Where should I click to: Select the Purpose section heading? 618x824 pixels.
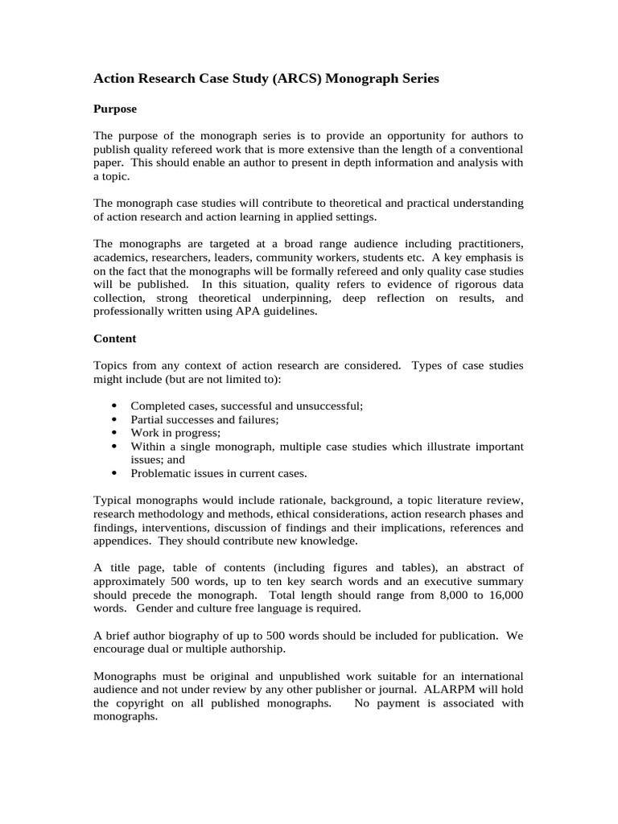(x=115, y=109)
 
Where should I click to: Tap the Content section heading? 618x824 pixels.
(x=115, y=339)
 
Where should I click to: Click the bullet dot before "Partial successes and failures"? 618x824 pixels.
(x=113, y=420)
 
